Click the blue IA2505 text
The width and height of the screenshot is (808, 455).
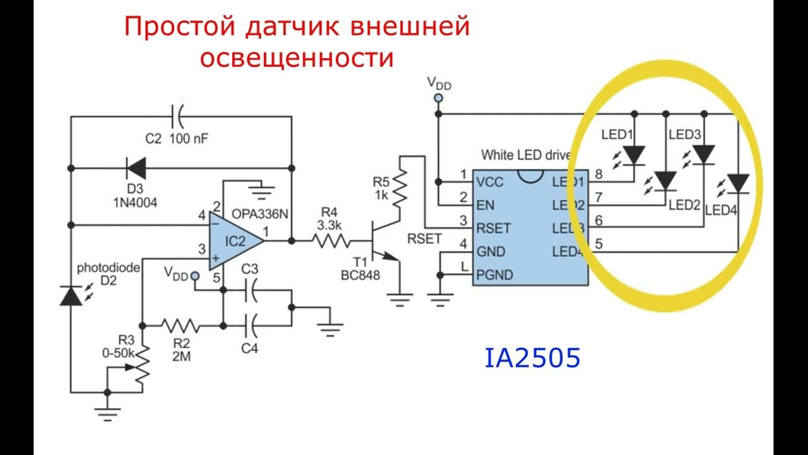(x=532, y=358)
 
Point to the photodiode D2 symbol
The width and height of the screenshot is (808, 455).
(x=71, y=295)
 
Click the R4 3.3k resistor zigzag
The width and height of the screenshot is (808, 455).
(x=330, y=241)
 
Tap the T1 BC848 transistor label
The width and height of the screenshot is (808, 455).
(x=360, y=269)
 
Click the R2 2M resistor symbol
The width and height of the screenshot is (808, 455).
(x=181, y=326)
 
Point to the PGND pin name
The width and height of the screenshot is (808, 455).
(x=496, y=275)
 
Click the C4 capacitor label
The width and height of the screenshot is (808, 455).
(x=251, y=348)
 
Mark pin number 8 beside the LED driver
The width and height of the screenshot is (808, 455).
(x=598, y=174)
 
